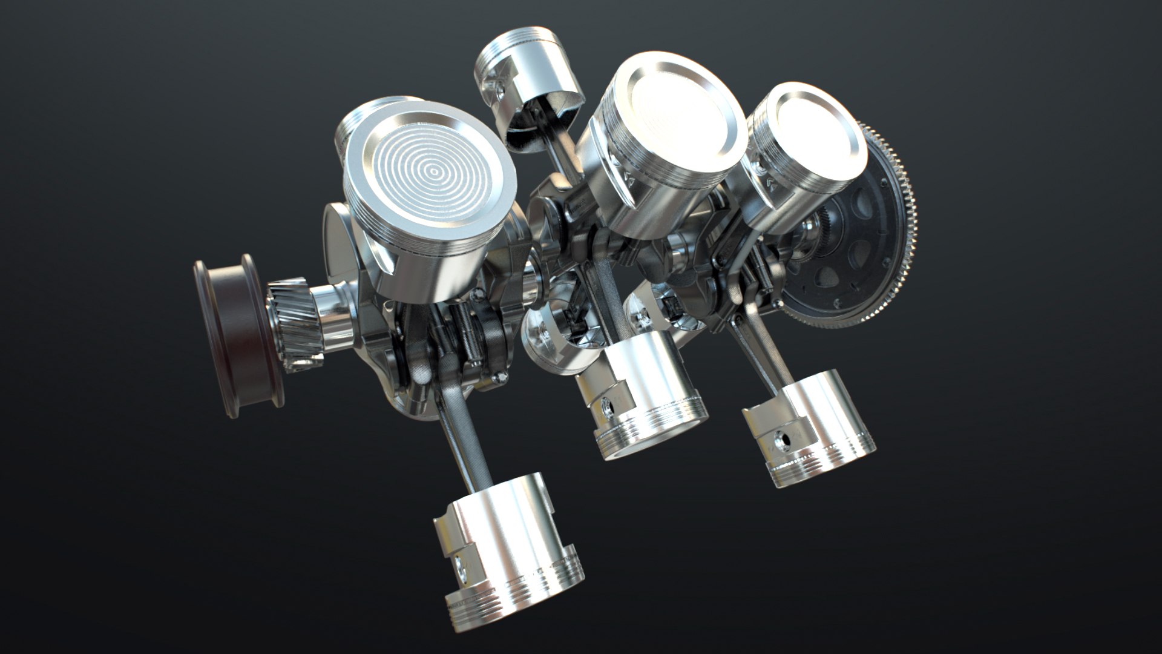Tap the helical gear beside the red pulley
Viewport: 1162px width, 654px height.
click(294, 324)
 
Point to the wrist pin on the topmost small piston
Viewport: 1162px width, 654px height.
click(500, 91)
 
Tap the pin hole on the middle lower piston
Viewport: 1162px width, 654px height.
click(609, 406)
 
